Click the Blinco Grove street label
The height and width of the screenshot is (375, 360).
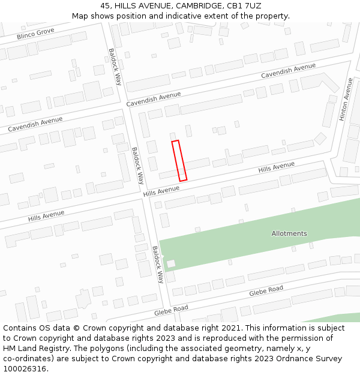click(x=35, y=34)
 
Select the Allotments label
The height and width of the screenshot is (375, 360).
click(x=289, y=233)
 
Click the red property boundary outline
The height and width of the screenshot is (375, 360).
click(x=179, y=161)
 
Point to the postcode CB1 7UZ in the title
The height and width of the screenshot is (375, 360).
click(x=245, y=6)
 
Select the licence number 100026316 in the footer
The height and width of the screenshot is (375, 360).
click(x=25, y=369)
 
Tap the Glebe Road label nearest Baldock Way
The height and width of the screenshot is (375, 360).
click(x=171, y=310)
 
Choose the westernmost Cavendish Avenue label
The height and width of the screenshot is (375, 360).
click(x=35, y=124)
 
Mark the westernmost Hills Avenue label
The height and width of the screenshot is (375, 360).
click(x=46, y=215)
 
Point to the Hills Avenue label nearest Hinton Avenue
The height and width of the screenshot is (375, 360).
click(x=277, y=167)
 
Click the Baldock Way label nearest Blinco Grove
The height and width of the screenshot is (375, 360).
click(x=115, y=67)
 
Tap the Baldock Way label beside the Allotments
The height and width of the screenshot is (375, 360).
click(x=158, y=265)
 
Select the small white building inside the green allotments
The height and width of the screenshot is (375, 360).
click(x=171, y=263)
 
